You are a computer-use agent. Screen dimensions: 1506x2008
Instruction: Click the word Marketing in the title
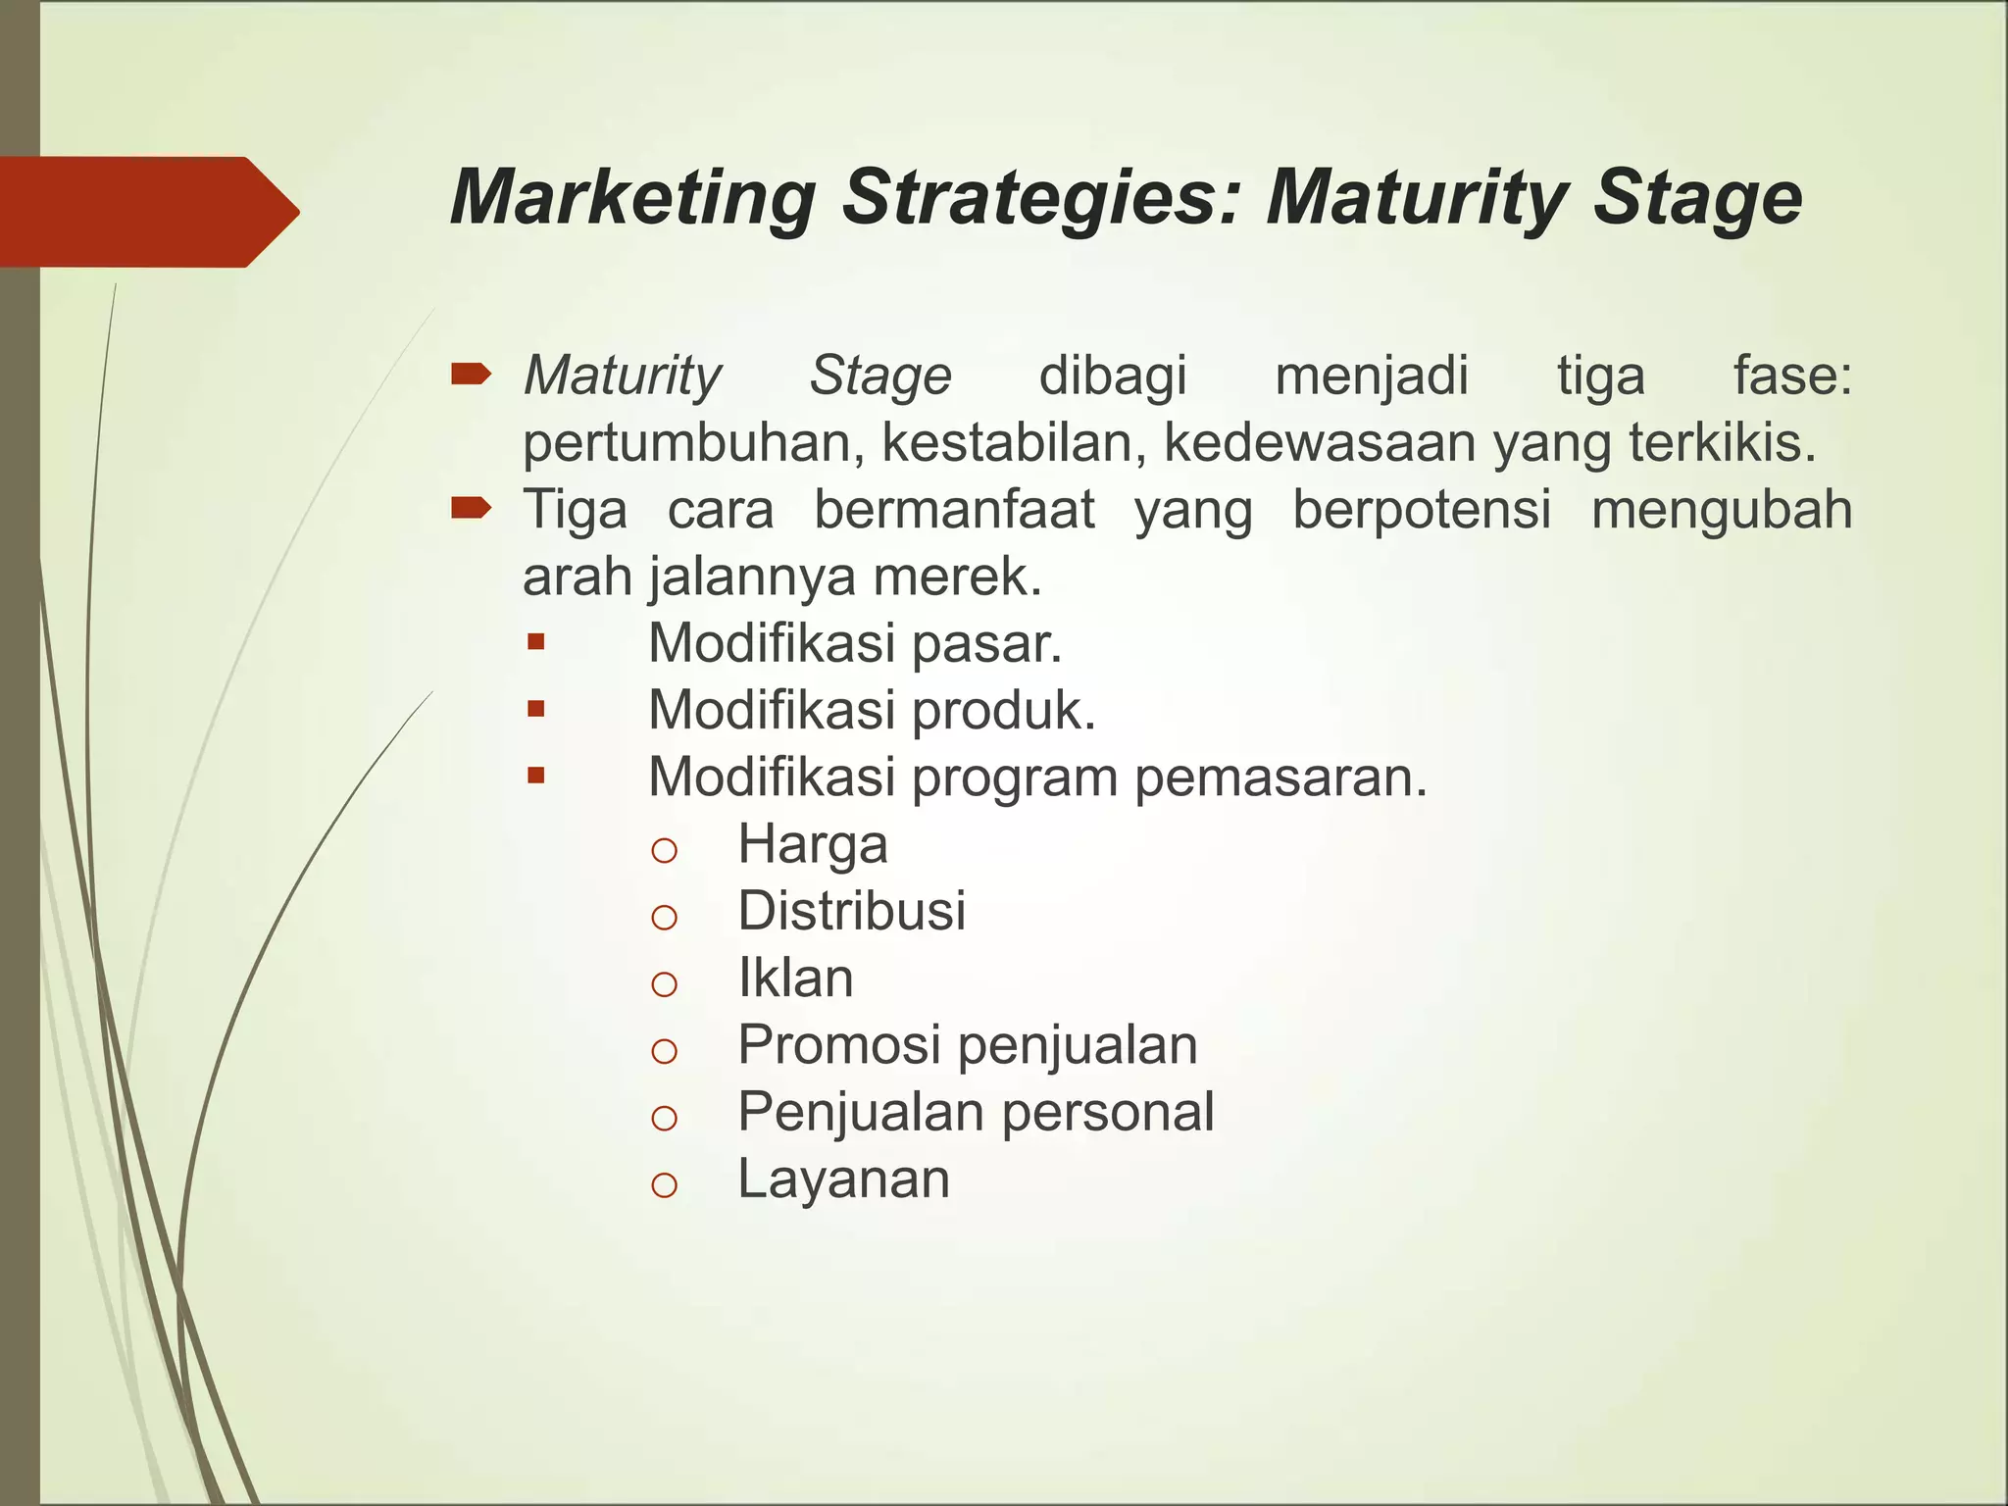632,198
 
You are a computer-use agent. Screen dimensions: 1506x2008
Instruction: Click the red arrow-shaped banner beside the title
147,212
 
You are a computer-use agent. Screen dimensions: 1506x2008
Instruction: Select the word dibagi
1113,376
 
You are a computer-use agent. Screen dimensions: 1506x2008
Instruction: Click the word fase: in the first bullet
1792,376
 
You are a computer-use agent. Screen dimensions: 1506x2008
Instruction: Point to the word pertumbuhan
692,443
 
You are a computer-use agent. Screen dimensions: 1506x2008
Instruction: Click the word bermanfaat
954,510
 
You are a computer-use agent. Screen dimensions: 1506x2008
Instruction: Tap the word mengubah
1721,510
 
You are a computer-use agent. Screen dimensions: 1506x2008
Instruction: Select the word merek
957,577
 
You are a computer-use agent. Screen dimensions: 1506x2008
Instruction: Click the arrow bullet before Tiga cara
471,507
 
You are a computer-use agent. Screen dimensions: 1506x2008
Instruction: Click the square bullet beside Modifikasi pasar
535,643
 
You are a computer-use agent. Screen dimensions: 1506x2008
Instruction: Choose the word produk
1004,710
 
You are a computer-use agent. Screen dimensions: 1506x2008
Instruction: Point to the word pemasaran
1280,778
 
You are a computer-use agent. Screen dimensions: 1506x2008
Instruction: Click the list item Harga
813,844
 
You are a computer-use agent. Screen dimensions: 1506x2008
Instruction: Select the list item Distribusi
851,911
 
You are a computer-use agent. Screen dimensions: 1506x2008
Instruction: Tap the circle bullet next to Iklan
664,983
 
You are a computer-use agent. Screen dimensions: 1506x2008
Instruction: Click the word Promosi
839,1045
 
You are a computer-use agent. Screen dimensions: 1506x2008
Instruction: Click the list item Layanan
843,1179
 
